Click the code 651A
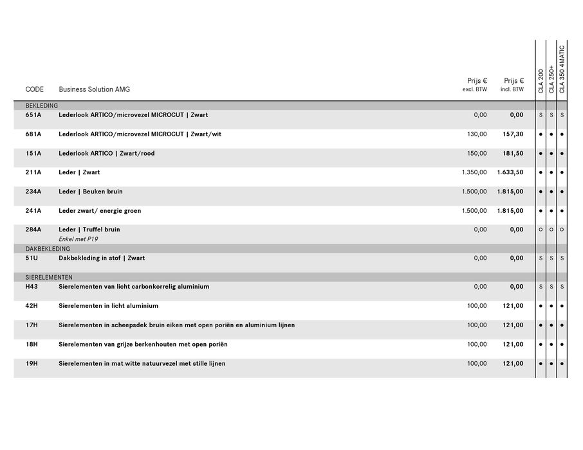[x=33, y=115]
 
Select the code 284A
[x=33, y=230]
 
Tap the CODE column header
[x=35, y=89]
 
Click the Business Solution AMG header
[x=94, y=89]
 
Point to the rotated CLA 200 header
[x=541, y=80]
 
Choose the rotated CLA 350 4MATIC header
[x=562, y=69]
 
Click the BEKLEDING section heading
[x=42, y=105]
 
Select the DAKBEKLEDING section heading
[x=48, y=249]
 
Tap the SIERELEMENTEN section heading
[x=49, y=277]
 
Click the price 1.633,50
[x=510, y=172]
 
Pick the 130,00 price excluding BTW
[x=477, y=134]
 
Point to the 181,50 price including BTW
[x=513, y=154]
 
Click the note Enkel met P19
[x=79, y=239]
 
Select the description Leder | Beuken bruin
[x=91, y=192]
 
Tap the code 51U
[x=32, y=258]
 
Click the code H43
[x=32, y=287]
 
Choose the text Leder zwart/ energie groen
[x=100, y=211]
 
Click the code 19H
[x=32, y=364]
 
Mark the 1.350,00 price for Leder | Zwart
[x=474, y=172]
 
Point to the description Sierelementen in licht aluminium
[x=108, y=306]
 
